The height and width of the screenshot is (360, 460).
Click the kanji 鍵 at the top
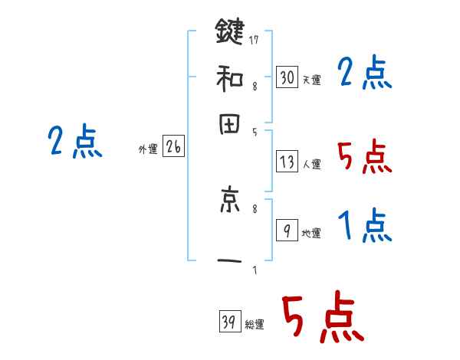[229, 33]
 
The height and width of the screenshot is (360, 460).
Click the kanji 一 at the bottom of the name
[229, 261]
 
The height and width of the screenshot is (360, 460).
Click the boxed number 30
[287, 77]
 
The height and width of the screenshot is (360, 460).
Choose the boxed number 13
[287, 162]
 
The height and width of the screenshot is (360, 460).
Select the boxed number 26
[172, 148]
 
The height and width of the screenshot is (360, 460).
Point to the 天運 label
[311, 80]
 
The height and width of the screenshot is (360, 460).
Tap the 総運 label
[255, 325]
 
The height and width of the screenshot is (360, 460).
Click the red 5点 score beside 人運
[365, 157]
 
